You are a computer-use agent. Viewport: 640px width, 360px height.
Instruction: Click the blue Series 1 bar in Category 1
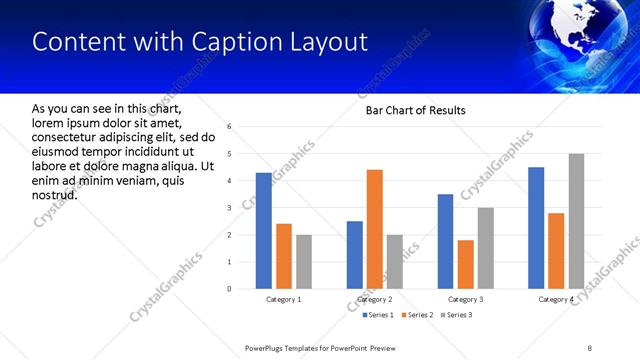(x=263, y=231)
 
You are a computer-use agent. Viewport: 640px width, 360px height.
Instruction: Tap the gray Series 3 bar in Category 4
(x=576, y=221)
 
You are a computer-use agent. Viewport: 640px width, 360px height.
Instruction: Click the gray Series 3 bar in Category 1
(x=303, y=262)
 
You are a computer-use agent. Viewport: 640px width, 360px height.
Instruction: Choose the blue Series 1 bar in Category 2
(x=355, y=255)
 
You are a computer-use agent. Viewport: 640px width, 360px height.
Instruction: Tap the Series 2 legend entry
(x=417, y=316)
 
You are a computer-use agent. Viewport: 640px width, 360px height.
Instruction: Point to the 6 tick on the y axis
(x=230, y=127)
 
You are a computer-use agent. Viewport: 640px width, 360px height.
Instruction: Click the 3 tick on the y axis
(x=230, y=208)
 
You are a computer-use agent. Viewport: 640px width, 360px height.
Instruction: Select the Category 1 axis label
(x=283, y=299)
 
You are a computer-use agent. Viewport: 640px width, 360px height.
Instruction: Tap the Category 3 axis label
(x=466, y=299)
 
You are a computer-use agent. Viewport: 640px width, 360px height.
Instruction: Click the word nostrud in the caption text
(x=55, y=193)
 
